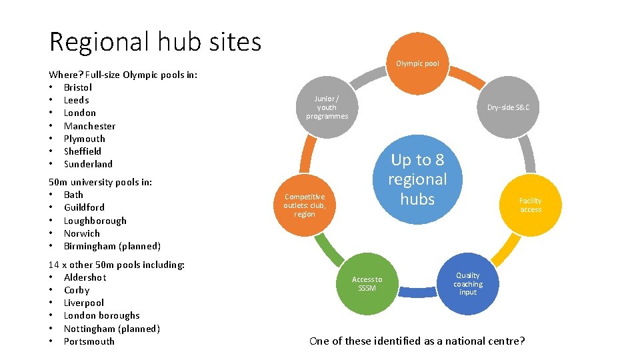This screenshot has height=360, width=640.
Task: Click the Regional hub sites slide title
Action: point(155,41)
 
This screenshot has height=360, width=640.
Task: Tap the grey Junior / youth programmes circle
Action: point(327,107)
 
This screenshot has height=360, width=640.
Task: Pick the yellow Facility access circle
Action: point(531,205)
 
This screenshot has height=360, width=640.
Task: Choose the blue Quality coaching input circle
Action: point(467,284)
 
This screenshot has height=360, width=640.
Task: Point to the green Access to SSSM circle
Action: point(367,284)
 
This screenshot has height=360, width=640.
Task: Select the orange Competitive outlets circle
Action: point(304,205)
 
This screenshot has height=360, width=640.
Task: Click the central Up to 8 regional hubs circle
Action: point(417,179)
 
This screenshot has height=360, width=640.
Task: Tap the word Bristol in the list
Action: point(78,87)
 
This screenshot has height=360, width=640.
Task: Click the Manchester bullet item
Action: point(89,126)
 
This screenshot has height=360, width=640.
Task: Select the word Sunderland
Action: point(88,164)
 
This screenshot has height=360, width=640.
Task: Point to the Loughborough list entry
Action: point(95,221)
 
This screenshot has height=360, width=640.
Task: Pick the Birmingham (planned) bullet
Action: point(112,246)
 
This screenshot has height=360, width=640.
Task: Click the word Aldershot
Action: point(85,277)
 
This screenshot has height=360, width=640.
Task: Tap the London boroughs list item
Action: point(101,315)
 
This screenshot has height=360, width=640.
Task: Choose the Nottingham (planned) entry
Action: point(111,329)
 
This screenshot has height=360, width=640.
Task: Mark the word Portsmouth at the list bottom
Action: point(89,341)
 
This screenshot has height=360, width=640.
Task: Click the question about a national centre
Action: point(417,341)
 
